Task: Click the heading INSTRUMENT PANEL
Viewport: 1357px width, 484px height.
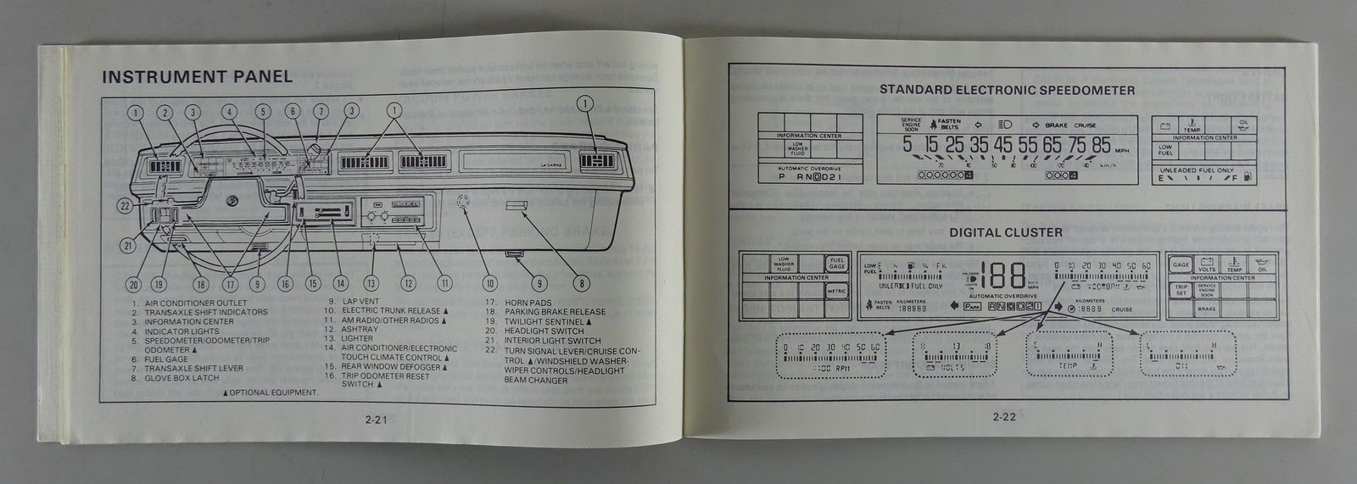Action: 197,77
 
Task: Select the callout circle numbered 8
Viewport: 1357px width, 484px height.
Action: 581,285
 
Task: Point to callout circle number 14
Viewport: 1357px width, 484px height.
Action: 341,284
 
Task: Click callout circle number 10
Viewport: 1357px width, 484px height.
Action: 489,284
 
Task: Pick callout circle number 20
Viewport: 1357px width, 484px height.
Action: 134,285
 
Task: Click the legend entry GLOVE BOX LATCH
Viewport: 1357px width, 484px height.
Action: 181,378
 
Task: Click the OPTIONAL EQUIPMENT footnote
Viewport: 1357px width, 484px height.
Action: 270,393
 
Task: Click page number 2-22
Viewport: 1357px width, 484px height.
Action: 1004,416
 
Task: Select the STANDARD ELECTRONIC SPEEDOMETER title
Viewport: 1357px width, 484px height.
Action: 1007,90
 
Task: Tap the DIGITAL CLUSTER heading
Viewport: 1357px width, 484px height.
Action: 1005,232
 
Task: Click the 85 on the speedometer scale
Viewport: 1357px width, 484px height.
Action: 1101,145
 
